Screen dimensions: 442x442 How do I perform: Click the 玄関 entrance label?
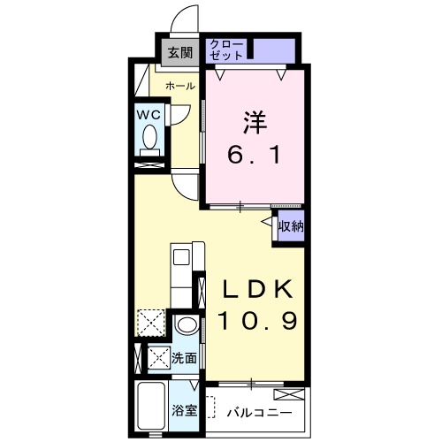180,53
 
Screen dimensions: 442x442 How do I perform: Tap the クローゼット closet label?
226,50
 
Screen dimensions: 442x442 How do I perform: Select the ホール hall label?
180,86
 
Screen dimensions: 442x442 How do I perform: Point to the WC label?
149,115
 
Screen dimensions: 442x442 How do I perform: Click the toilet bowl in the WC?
149,137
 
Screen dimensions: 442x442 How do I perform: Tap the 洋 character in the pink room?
255,122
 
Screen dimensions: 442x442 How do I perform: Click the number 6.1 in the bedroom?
254,155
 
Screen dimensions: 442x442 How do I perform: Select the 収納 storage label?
291,226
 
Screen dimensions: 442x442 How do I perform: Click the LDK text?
258,289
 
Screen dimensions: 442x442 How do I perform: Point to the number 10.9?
257,321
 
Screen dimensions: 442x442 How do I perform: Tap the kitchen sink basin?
181,257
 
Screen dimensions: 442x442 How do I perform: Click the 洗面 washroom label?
184,358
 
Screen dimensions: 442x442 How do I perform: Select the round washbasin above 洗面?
187,325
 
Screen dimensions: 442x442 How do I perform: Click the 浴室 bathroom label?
184,410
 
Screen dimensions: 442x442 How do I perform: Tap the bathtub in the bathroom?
151,406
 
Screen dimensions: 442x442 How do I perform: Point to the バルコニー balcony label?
259,413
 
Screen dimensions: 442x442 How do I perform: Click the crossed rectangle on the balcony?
289,394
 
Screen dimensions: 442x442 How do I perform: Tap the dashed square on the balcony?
211,407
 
